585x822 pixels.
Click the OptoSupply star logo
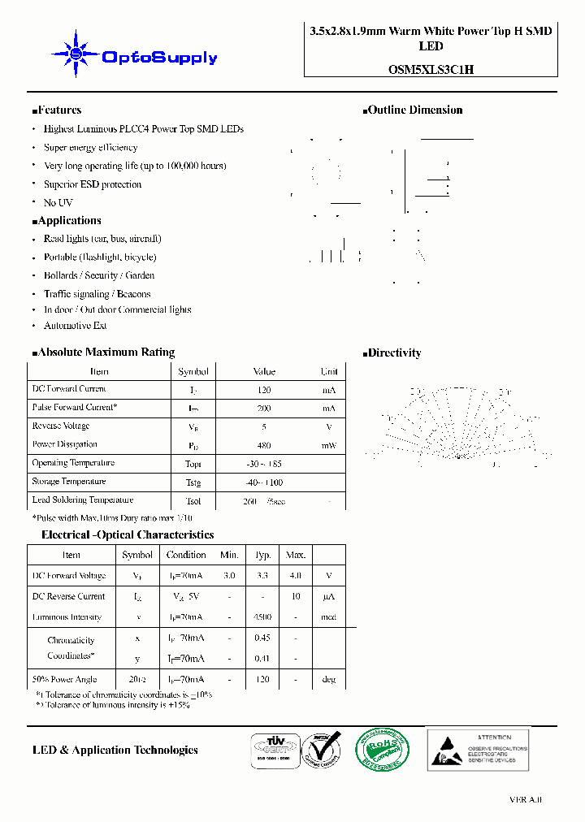(76, 54)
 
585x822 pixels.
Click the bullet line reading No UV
(58, 202)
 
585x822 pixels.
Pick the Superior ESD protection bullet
(92, 184)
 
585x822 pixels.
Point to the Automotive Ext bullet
(75, 326)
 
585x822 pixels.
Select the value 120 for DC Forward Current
(264, 390)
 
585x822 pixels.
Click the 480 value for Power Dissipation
(264, 446)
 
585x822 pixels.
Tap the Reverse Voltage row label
(60, 426)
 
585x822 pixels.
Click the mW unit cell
(328, 446)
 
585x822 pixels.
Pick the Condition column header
(186, 555)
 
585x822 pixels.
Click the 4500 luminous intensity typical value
(262, 617)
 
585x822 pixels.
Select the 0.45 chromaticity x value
(262, 638)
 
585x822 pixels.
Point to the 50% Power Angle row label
(64, 680)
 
